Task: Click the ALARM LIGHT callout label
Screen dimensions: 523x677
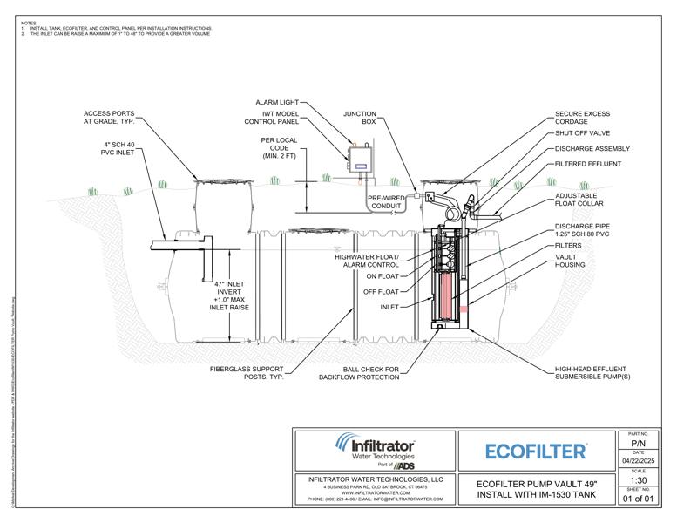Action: coord(280,102)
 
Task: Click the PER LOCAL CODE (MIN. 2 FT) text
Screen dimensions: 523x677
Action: coord(281,147)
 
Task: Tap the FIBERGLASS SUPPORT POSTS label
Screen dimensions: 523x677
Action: coord(248,374)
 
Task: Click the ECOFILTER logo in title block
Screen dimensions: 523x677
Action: coord(535,452)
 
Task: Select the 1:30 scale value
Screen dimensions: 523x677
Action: coord(638,479)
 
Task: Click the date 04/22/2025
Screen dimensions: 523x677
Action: coord(638,461)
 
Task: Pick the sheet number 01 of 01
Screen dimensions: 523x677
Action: coord(638,499)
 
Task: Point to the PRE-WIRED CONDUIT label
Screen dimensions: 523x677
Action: coord(383,202)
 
